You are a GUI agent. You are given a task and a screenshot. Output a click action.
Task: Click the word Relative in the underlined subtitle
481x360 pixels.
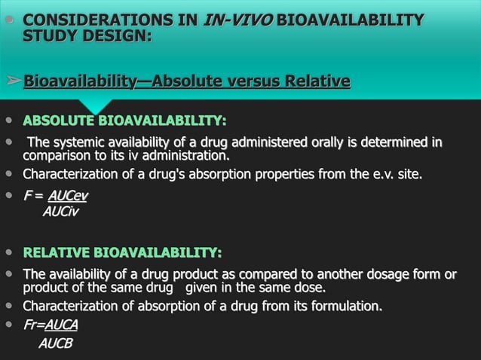click(316, 81)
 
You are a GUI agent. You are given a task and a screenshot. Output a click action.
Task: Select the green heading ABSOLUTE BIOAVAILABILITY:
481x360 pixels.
click(124, 121)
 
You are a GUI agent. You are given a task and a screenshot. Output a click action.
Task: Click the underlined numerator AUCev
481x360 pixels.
click(68, 197)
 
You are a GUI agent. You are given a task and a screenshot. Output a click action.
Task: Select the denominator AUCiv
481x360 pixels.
click(60, 212)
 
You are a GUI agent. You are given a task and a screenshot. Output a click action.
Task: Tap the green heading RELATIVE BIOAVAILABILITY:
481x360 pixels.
click(122, 252)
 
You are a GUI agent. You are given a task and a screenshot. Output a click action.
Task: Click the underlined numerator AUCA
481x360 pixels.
click(61, 325)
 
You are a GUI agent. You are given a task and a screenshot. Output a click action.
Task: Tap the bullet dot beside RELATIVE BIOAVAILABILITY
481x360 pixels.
click(8, 252)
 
